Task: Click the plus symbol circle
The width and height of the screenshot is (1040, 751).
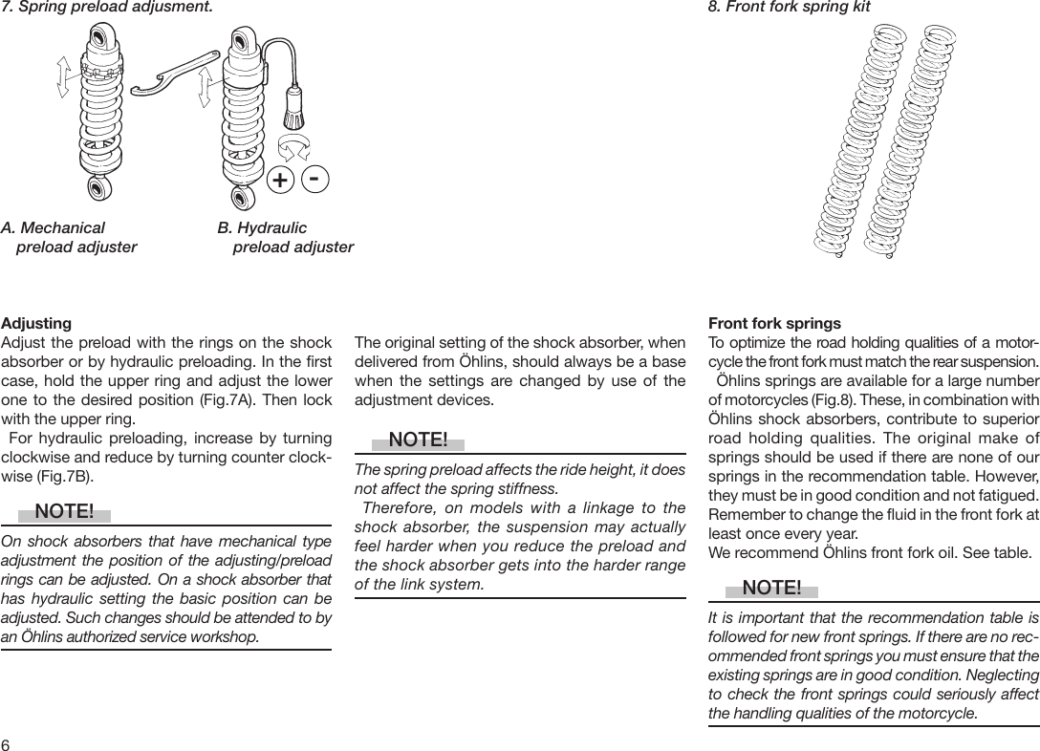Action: (x=279, y=181)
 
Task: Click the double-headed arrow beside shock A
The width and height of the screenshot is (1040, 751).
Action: (x=63, y=75)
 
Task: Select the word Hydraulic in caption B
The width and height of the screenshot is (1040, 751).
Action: (x=271, y=228)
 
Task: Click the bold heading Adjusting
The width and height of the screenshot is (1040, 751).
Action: (x=36, y=324)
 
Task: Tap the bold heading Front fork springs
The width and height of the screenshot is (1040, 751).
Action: (x=774, y=324)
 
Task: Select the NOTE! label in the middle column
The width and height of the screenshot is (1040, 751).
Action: (x=418, y=440)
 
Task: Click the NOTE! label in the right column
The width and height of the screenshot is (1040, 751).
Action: (x=770, y=587)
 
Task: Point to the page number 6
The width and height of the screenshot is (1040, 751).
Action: (x=6, y=743)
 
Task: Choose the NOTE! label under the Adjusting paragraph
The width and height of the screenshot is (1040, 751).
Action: (x=64, y=512)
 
